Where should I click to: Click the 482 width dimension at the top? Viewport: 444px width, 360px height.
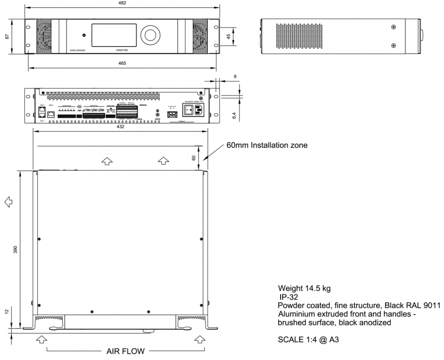(122, 3)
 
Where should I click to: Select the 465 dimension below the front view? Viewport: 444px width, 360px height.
(122, 63)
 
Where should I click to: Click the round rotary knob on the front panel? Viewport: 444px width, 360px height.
(150, 34)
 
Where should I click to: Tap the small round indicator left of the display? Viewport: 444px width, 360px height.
(84, 35)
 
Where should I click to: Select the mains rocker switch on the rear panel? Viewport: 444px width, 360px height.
(189, 109)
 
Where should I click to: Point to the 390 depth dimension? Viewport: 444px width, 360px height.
(15, 249)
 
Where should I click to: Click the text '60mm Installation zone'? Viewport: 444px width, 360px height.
(267, 145)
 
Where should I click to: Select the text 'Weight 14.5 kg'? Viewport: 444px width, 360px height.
(304, 288)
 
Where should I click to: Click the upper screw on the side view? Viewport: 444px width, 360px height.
(393, 27)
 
